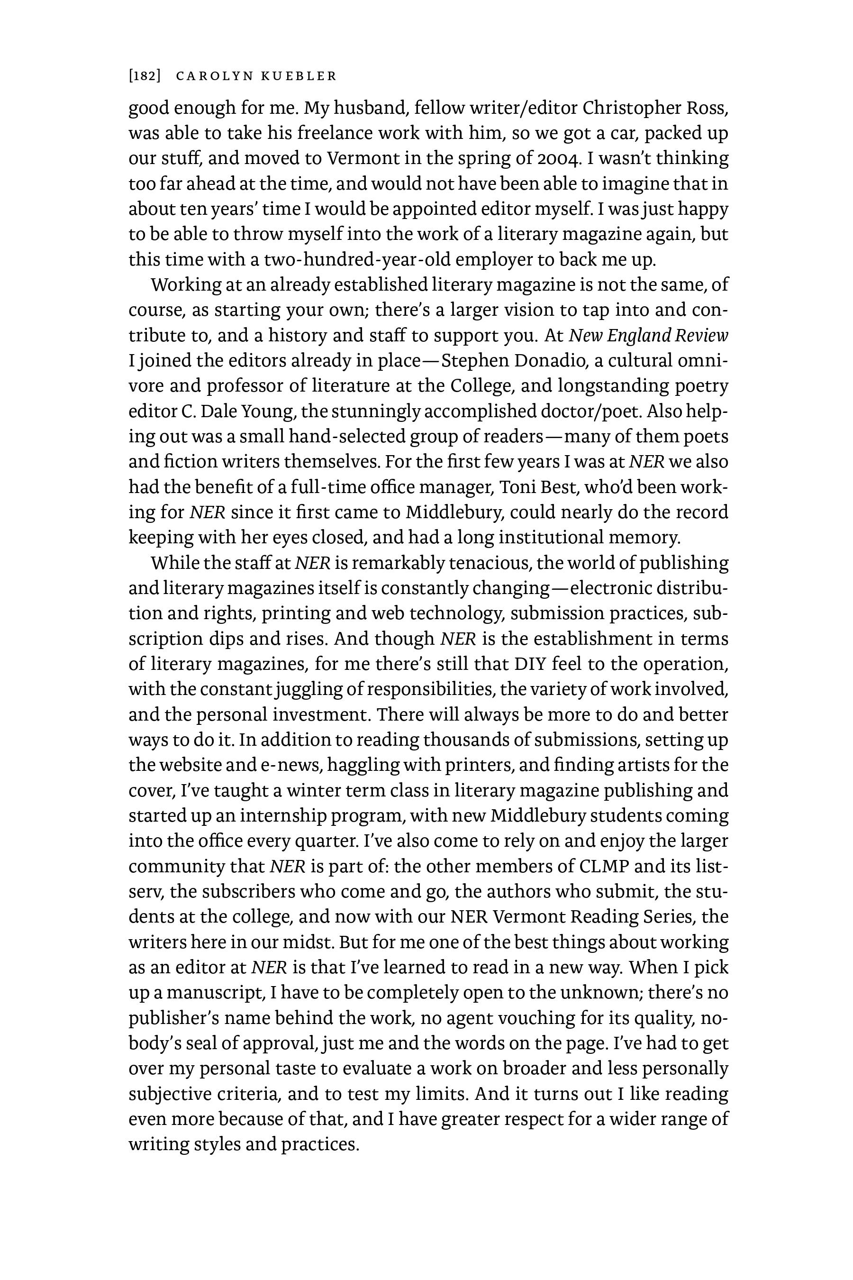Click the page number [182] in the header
coord(144,76)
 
